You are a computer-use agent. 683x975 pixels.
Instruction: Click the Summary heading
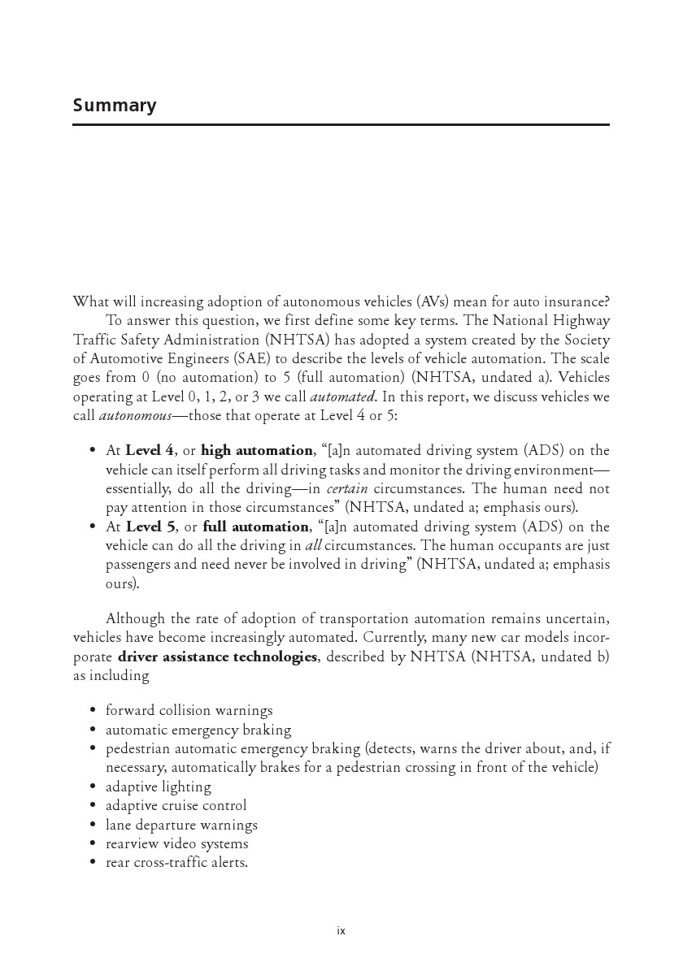pyautogui.click(x=115, y=106)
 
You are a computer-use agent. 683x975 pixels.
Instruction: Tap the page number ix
pyautogui.click(x=341, y=931)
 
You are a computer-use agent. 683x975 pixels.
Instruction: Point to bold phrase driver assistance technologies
pyautogui.click(x=217, y=657)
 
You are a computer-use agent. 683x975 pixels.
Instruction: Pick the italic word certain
pyautogui.click(x=347, y=489)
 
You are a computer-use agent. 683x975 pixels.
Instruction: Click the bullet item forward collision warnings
pyautogui.click(x=189, y=711)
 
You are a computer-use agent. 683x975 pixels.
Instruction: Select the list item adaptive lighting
pyautogui.click(x=158, y=786)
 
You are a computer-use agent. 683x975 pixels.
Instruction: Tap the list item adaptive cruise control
pyautogui.click(x=176, y=806)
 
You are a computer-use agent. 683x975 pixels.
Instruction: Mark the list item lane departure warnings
pyautogui.click(x=181, y=825)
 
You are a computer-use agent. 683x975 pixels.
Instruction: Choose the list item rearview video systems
pyautogui.click(x=176, y=843)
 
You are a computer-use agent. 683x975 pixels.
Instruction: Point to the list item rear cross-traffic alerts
pyautogui.click(x=176, y=862)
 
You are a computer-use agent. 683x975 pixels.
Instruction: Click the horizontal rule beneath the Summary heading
pyautogui.click(x=341, y=124)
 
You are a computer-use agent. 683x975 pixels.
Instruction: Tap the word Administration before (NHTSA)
pyautogui.click(x=199, y=340)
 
